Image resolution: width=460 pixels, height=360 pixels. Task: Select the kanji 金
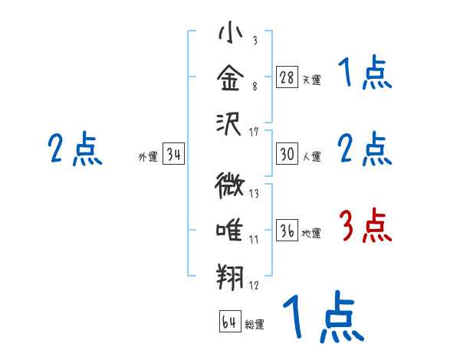230,77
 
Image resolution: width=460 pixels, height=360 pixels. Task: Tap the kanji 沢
230,123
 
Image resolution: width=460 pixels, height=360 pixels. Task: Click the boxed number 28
287,77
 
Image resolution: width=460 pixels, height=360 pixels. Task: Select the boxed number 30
287,155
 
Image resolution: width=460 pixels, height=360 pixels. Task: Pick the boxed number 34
173,155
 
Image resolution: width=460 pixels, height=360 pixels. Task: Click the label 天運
311,79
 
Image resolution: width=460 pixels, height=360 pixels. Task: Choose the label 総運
255,324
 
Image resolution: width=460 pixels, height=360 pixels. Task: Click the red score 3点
366,227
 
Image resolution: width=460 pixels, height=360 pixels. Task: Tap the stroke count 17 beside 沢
254,133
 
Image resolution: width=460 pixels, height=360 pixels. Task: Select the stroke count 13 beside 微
254,194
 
